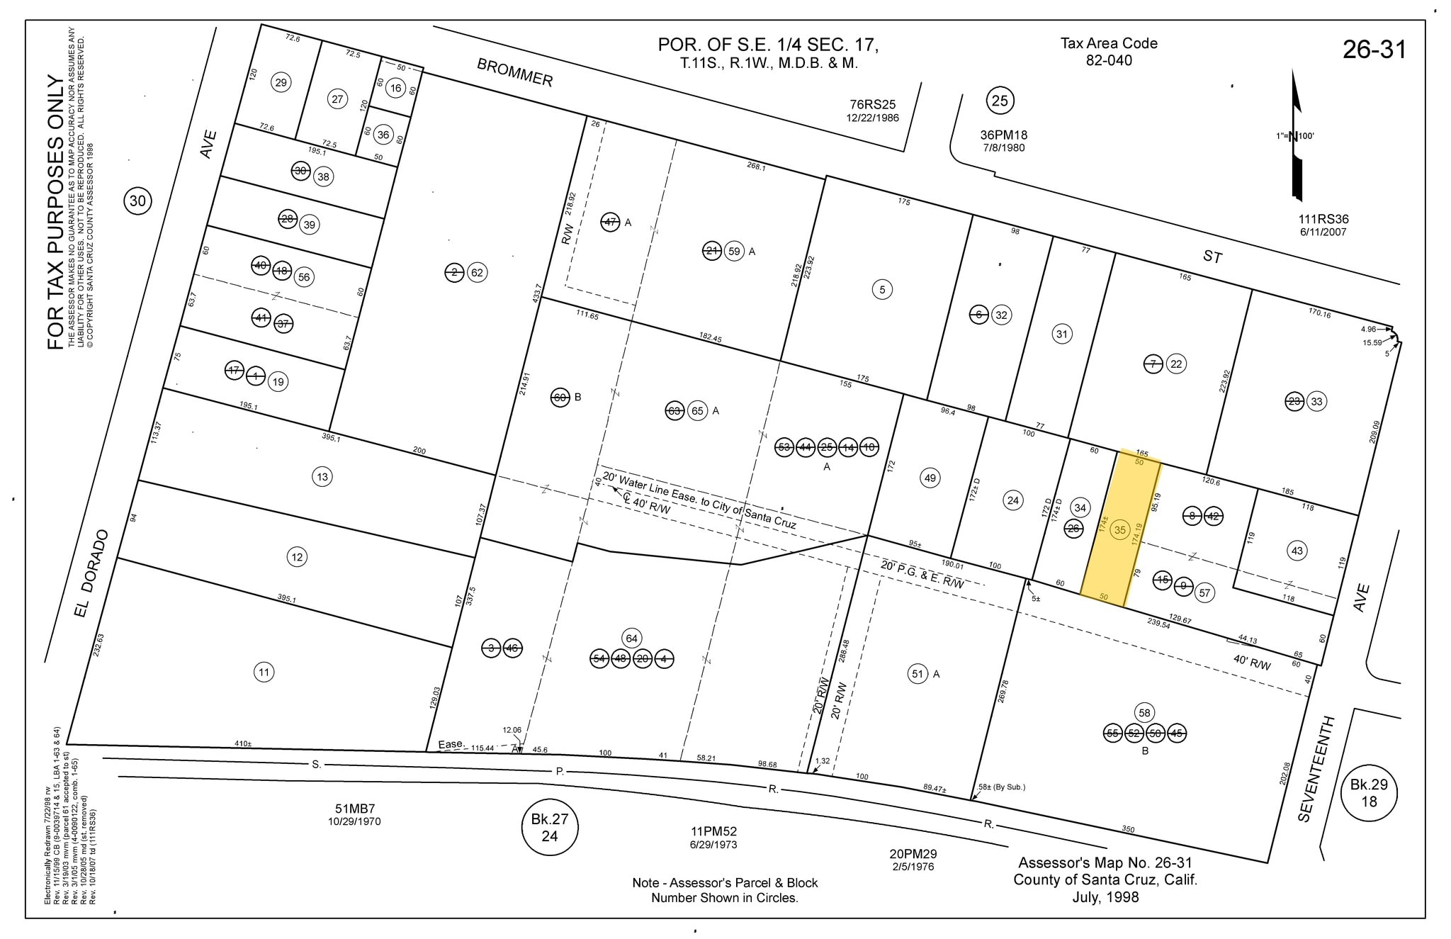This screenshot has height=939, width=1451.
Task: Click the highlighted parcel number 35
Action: [1119, 529]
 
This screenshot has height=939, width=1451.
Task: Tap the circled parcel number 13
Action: [322, 476]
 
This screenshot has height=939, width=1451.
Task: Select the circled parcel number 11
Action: [264, 672]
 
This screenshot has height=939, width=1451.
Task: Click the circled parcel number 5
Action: [882, 289]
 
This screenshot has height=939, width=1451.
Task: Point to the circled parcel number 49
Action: [930, 478]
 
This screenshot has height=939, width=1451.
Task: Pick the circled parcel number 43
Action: [1297, 551]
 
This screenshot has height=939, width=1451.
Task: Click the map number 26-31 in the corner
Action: [1374, 50]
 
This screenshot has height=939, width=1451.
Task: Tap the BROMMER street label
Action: [514, 72]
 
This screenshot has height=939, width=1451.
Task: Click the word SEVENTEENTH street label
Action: [1316, 769]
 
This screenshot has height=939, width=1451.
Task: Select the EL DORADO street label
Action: [93, 573]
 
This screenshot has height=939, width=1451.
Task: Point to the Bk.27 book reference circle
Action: [549, 828]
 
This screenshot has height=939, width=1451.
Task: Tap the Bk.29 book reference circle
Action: [1369, 792]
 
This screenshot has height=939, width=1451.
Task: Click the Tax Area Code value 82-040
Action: [1109, 61]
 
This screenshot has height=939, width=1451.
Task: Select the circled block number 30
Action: [137, 201]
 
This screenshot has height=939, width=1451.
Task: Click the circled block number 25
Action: [999, 101]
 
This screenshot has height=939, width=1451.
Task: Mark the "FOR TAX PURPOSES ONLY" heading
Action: [56, 213]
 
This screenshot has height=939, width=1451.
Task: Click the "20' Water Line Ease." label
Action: [650, 487]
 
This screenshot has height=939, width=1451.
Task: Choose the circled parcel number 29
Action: [281, 83]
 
